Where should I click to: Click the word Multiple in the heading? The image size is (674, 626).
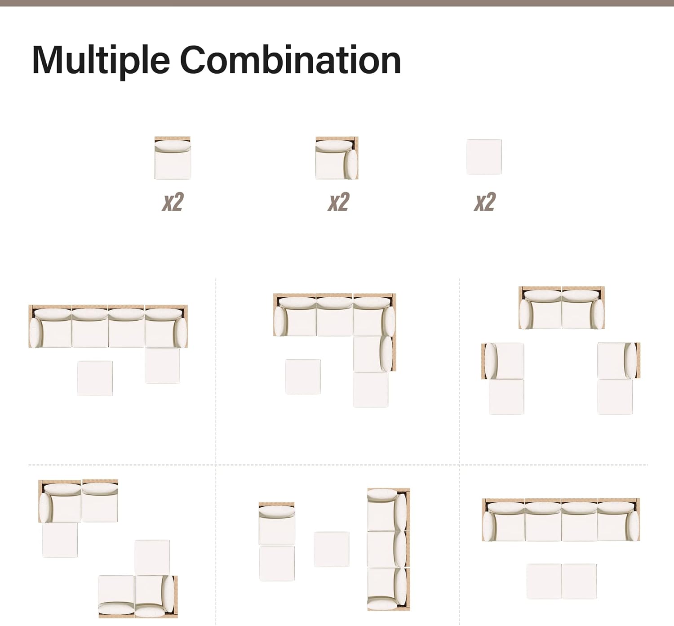pos(101,62)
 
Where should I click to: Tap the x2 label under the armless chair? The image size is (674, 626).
pos(173,201)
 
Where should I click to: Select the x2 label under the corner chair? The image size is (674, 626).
pos(338,201)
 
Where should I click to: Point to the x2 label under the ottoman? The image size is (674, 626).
pos(485,201)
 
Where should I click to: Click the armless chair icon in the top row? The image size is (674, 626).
pos(173,158)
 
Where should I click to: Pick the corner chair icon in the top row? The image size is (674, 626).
pos(337,158)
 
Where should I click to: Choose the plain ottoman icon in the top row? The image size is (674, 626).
pos(484,156)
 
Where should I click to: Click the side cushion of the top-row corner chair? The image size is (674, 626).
pos(351,165)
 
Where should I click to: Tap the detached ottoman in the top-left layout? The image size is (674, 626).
pos(95,378)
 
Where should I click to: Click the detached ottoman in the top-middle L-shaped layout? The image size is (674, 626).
pos(303,376)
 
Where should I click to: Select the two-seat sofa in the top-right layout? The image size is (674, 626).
pos(562,308)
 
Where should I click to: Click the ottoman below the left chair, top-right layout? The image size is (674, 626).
pos(506,396)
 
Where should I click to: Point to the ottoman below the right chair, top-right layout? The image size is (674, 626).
pos(615,396)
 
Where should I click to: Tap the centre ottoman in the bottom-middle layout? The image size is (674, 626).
pos(331,549)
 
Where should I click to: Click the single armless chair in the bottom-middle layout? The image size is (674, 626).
pos(277,523)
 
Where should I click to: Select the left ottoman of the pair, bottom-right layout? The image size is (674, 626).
pos(544,581)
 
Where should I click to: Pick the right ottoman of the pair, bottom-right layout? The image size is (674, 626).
pos(579,581)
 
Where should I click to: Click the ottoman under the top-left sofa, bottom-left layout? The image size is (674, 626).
pos(60,540)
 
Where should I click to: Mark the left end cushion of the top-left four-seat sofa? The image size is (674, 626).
pos(35,332)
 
